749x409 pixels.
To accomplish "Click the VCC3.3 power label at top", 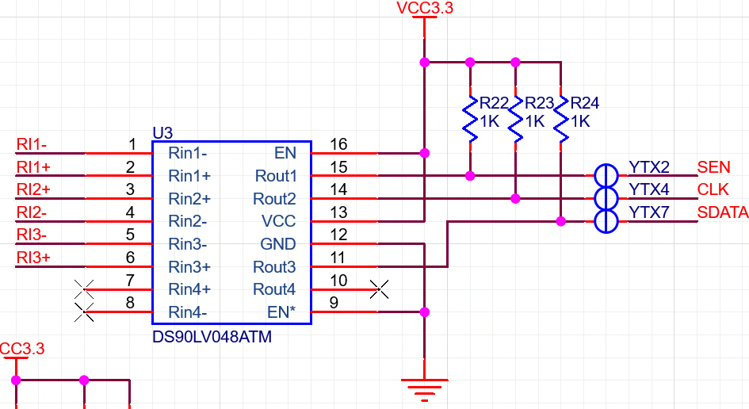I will coord(424,9).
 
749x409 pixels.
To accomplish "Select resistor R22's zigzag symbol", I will coord(470,120).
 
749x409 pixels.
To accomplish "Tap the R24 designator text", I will coord(585,104).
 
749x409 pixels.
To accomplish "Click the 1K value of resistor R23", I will coord(535,122).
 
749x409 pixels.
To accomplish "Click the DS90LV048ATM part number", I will coord(212,338).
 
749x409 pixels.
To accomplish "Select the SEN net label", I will coord(713,167).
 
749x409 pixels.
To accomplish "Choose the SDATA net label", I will coord(722,212).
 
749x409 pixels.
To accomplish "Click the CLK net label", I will coord(712,190).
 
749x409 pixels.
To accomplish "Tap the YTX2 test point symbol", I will coord(606,174).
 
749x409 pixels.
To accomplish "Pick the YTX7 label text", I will coord(649,212).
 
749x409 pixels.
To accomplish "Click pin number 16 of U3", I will coord(338,144).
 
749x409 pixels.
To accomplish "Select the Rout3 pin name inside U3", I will coord(274,267).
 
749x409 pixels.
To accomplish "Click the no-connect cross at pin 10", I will coord(380,289).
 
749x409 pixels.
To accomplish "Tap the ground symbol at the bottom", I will coord(425,386).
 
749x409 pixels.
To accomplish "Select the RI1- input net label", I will coord(32,144).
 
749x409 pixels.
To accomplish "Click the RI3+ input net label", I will coord(33,258).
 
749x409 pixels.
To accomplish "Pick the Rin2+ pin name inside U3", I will coord(189,198).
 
